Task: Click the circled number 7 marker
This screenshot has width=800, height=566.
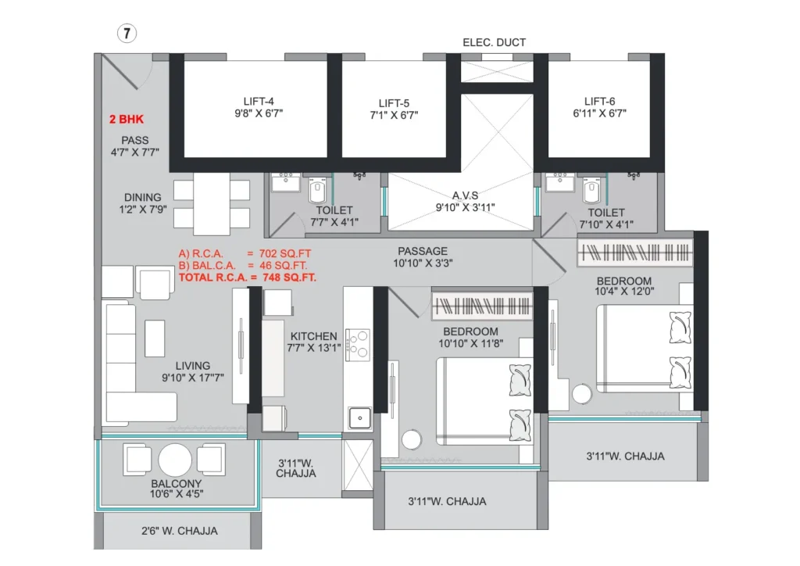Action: pos(127,34)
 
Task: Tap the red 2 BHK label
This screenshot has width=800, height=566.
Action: pos(127,120)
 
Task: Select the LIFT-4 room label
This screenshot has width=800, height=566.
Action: pos(259,102)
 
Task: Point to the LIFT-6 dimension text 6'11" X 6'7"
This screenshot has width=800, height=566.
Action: pos(599,113)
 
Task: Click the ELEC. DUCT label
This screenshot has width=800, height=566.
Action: pos(494,42)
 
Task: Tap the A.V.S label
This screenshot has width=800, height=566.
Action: pos(465,195)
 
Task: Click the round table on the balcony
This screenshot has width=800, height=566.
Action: pos(175,460)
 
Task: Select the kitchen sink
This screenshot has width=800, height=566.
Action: pos(359,418)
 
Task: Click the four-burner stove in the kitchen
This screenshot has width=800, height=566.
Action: pos(358,346)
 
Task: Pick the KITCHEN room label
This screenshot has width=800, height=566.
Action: pos(314,336)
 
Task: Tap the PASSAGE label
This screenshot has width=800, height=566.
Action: pos(423,251)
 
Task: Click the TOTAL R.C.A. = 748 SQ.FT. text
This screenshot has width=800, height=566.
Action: pos(248,278)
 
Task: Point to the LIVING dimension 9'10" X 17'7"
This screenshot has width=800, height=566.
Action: pos(193,378)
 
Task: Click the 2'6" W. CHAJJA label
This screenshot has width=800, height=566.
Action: pos(180,531)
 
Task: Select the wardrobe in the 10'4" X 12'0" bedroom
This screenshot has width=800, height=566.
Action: pos(635,253)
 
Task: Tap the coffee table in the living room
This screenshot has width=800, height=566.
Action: pos(155,339)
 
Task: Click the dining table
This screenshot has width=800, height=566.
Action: pos(211,205)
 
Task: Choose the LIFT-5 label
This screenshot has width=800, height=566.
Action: pos(394,104)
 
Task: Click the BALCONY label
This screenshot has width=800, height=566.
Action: pos(176,483)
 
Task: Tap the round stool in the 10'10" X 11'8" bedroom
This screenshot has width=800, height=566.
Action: pos(411,439)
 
